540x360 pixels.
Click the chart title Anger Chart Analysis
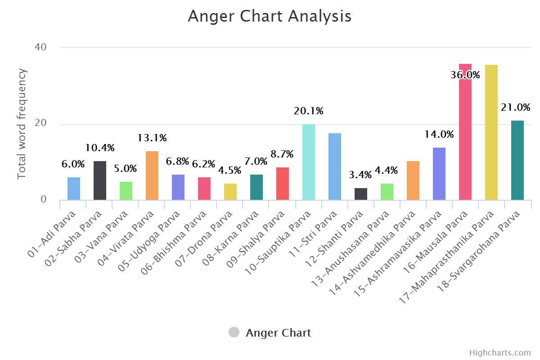pos(269,16)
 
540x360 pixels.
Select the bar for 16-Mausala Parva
pos(465,135)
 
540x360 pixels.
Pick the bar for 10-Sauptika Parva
pos(309,162)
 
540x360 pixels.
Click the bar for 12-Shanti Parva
pos(361,194)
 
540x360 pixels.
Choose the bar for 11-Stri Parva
pos(335,166)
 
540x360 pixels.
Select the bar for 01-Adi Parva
pos(74,189)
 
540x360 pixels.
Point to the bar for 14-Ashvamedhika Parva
pos(413,180)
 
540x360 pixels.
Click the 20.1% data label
pos(308,111)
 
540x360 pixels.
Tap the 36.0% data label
pos(465,75)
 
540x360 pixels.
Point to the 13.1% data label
pos(152,138)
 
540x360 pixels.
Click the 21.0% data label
pos(515,108)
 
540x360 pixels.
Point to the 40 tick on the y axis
pos(40,47)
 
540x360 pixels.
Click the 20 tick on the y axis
pos(40,124)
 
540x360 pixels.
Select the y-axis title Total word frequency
pos(22,124)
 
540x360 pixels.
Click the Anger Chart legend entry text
pos(278,333)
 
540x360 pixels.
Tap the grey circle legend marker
pos(234,333)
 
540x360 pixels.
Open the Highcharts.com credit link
pos(500,352)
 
